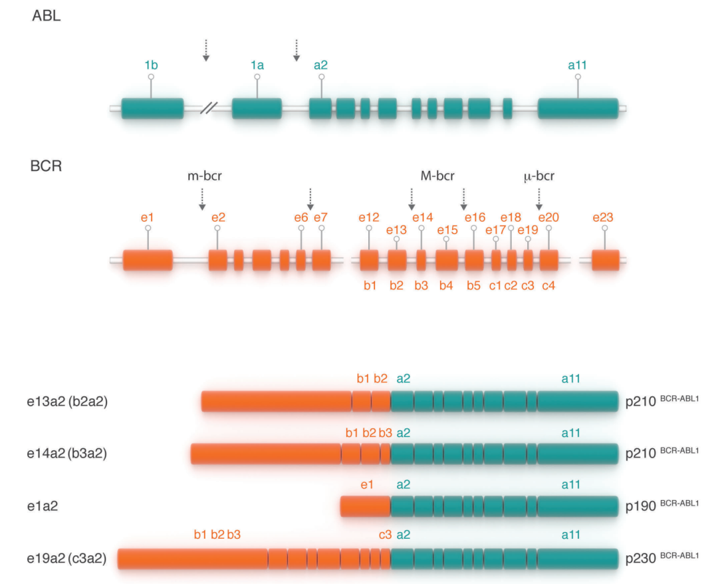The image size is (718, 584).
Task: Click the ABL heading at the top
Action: pyautogui.click(x=47, y=17)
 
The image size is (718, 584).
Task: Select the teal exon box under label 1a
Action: pyautogui.click(x=257, y=108)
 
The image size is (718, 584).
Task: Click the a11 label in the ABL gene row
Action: pyautogui.click(x=577, y=65)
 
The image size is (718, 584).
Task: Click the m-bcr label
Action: pyautogui.click(x=203, y=176)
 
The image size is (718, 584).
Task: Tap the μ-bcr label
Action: pyautogui.click(x=538, y=176)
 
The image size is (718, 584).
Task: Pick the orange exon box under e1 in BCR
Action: pyautogui.click(x=148, y=260)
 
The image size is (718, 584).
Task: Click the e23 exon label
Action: pyautogui.click(x=604, y=217)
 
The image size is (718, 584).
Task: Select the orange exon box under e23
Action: pyautogui.click(x=605, y=260)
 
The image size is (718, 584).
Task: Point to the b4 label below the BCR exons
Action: pyautogui.click(x=446, y=286)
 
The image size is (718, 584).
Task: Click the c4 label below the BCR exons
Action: pyautogui.click(x=548, y=286)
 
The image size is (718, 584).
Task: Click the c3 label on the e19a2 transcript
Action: pyautogui.click(x=385, y=534)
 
